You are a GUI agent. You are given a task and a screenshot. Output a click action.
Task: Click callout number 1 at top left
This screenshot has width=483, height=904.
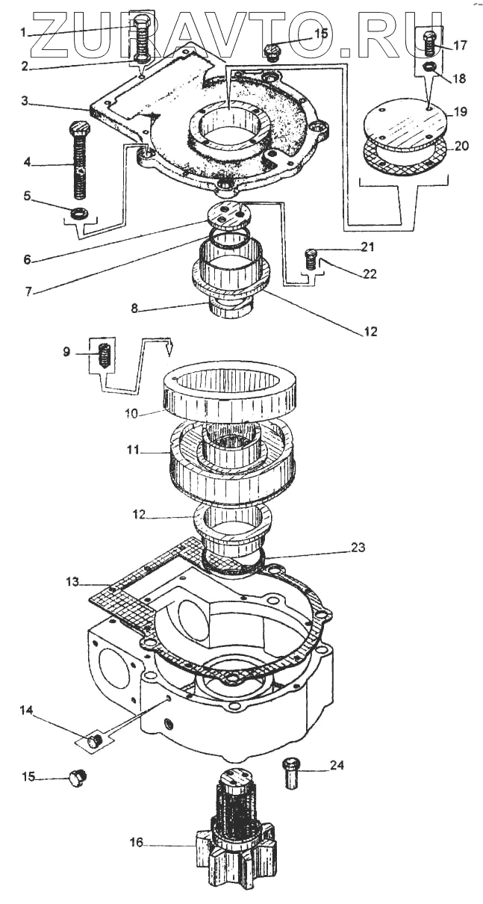(23, 32)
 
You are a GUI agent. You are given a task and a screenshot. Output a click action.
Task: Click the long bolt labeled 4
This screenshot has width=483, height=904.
(78, 161)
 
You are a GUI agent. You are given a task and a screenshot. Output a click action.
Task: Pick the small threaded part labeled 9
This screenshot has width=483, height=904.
(105, 353)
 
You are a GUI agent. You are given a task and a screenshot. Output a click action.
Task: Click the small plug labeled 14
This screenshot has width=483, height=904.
(94, 740)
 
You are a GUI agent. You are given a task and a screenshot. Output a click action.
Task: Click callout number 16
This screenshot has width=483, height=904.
(135, 843)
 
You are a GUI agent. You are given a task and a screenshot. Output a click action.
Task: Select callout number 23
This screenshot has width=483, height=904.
(358, 547)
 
